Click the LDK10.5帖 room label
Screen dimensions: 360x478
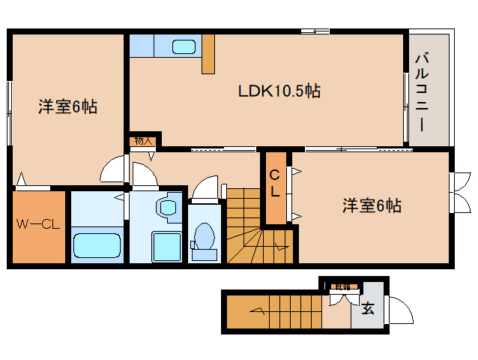pyautogui.click(x=279, y=91)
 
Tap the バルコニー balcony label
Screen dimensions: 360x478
pyautogui.click(x=422, y=92)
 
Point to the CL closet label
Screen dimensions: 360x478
pyautogui.click(x=275, y=184)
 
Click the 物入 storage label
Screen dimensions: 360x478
pyautogui.click(x=142, y=141)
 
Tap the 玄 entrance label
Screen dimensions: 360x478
pyautogui.click(x=368, y=307)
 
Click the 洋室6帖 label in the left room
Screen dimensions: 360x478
pyautogui.click(x=67, y=107)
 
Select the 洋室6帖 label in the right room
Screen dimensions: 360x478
pyautogui.click(x=372, y=205)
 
